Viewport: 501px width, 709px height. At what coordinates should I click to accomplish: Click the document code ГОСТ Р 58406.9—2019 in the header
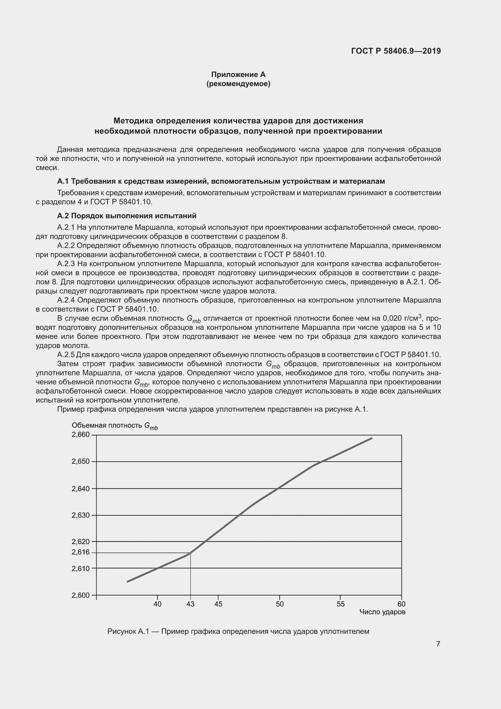396,51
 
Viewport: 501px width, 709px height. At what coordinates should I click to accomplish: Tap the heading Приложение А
238,75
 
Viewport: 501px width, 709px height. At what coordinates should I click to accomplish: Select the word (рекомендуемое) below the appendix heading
238,84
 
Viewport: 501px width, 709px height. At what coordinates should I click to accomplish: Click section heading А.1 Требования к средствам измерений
221,181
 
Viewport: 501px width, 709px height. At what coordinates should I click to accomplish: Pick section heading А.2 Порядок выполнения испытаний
127,216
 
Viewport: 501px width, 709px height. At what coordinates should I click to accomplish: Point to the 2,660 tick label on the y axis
81,435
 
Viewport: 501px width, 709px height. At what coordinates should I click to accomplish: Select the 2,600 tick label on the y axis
81,595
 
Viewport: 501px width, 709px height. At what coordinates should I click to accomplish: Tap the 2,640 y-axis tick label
81,489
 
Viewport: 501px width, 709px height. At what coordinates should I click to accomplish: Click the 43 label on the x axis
190,604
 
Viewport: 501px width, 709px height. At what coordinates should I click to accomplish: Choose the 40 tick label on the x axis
157,604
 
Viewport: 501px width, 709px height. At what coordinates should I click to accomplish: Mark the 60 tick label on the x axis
401,604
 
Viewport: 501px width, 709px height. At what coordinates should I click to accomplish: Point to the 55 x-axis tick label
340,604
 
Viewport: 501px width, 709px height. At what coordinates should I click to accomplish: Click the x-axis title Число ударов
382,612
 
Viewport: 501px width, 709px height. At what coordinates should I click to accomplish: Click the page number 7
438,644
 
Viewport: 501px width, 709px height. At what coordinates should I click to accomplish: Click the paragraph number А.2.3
66,264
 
